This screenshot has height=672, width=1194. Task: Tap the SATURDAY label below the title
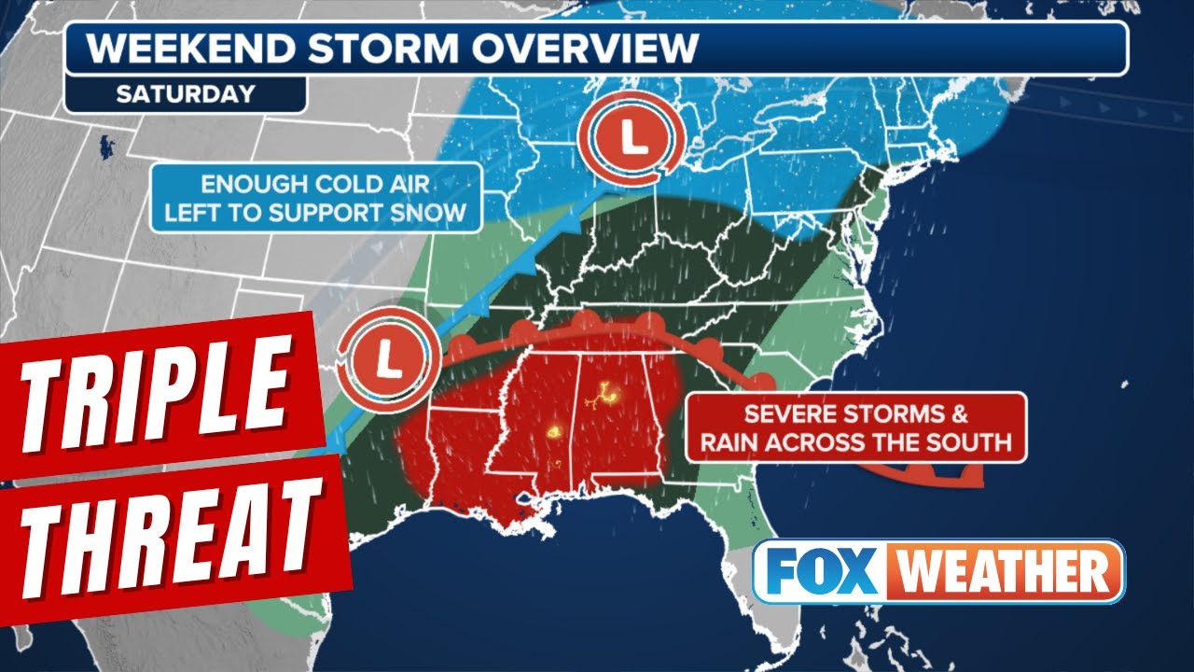click(185, 93)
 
